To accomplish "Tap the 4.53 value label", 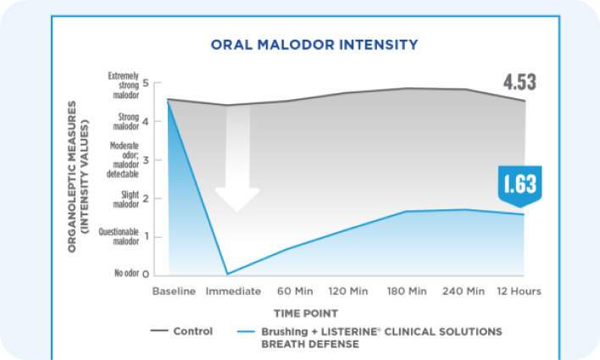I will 519,83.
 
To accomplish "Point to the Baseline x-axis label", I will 175,291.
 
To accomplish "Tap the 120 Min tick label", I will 347,291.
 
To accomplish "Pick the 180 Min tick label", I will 407,291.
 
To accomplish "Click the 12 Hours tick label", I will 519,291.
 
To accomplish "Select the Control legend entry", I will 181,331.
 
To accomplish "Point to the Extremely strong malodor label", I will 124,86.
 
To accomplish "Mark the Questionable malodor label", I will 119,236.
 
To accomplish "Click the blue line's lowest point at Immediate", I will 228,274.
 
